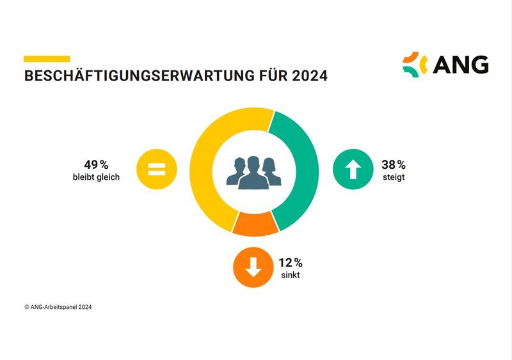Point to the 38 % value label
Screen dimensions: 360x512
pos(393,164)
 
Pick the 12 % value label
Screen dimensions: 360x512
pos(290,263)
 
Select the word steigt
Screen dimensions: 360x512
pos(393,176)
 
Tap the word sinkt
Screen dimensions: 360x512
pos(290,275)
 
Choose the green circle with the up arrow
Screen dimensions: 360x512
pos(353,171)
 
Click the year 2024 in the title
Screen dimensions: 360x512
pos(310,77)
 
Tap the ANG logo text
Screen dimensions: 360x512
pos(460,65)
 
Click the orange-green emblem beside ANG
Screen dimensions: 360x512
pos(415,64)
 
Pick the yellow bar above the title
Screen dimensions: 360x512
pos(47,58)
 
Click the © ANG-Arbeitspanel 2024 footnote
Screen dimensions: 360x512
pos(58,307)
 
